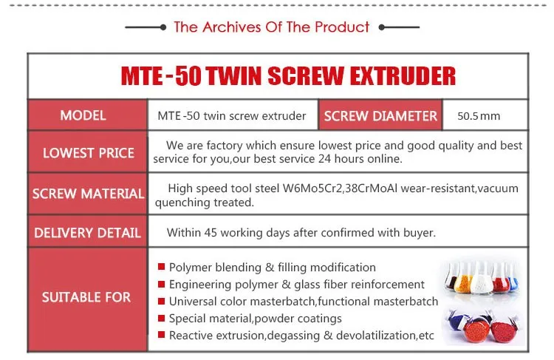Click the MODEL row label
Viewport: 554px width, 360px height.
click(x=83, y=115)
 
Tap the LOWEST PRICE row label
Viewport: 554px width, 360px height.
click(x=89, y=153)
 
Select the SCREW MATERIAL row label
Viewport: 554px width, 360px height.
click(x=89, y=194)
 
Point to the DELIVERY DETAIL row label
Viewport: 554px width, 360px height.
click(x=88, y=233)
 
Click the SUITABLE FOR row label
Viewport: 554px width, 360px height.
click(x=86, y=297)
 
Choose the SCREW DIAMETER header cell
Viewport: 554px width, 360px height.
click(x=380, y=115)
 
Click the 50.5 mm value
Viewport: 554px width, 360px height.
click(x=479, y=116)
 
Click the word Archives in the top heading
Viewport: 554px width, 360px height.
click(x=233, y=27)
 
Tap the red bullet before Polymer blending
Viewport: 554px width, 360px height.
click(x=162, y=267)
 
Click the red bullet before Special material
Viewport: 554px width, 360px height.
click(x=162, y=318)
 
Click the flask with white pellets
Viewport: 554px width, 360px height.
click(x=482, y=279)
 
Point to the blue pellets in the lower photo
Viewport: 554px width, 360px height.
click(x=456, y=322)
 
